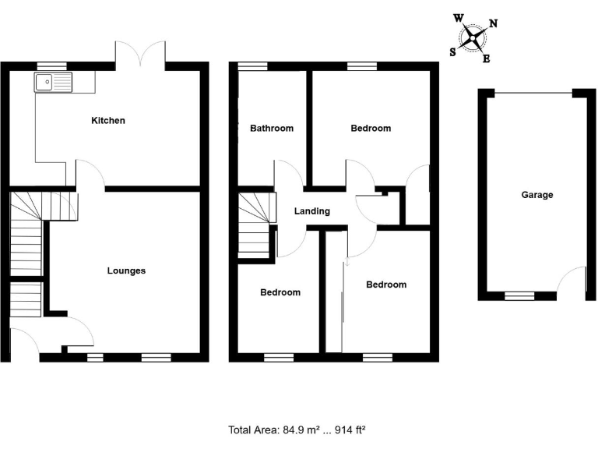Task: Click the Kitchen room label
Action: [108, 121]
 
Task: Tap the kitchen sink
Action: [52, 80]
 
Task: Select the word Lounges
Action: [126, 271]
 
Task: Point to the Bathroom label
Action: [272, 129]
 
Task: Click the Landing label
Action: [312, 211]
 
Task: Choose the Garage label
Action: [537, 195]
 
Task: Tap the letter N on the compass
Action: [494, 23]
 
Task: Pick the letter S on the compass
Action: [453, 52]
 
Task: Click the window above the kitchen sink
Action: [51, 66]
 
